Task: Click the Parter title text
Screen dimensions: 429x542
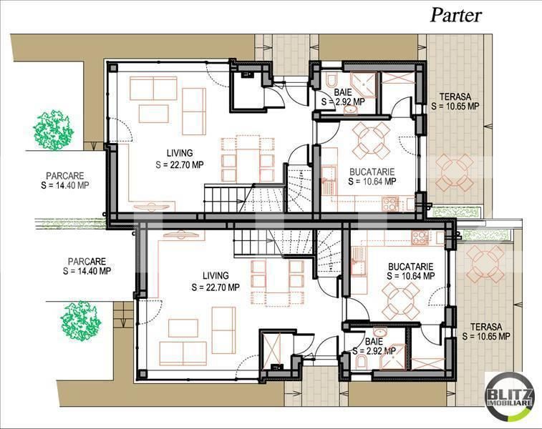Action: (456, 16)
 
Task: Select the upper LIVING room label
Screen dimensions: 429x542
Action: (179, 153)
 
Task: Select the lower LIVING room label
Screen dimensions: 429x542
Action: (216, 276)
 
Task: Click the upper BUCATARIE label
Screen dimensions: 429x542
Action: (372, 172)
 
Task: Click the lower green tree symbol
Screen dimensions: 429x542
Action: (80, 319)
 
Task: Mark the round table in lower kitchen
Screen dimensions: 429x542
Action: (401, 299)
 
